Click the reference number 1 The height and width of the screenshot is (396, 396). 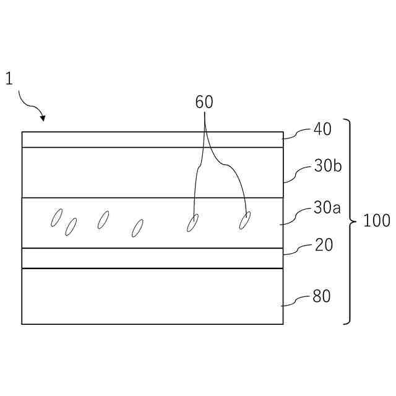coord(9,79)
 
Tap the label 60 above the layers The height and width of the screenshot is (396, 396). coord(204,102)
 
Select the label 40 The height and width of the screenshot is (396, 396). coord(322,129)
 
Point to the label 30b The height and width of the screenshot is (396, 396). coord(327,166)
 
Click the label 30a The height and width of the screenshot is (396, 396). coord(327,208)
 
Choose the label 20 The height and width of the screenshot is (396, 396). coord(324,245)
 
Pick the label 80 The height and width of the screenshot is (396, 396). coord(322,296)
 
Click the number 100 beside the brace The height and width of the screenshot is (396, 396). coord(376,221)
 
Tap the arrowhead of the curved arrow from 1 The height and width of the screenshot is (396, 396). coord(43,117)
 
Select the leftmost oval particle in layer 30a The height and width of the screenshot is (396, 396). coord(56,218)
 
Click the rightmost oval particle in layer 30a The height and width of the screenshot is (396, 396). coord(245,220)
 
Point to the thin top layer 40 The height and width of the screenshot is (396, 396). coord(152,139)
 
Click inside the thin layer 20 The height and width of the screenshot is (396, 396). coord(152,258)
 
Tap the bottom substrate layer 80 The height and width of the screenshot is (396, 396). coord(152,296)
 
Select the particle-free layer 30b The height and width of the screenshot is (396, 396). coord(124,172)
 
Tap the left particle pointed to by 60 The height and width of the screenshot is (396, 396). coord(193,222)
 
